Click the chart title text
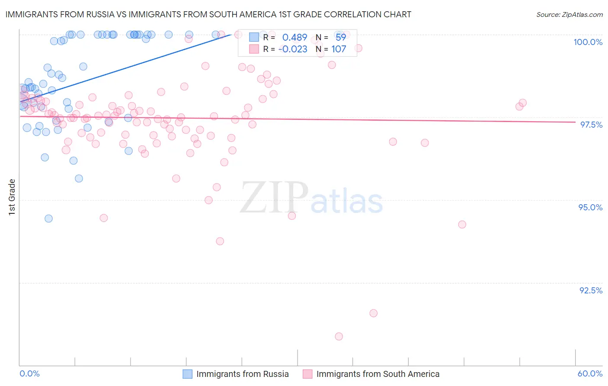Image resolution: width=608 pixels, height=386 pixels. click(x=208, y=14)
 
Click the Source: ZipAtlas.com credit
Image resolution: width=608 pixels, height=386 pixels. click(x=569, y=14)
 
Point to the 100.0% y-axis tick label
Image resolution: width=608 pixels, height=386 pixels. click(x=588, y=42)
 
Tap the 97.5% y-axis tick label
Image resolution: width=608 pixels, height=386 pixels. click(x=591, y=125)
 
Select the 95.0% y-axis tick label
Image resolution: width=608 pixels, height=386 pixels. click(x=590, y=207)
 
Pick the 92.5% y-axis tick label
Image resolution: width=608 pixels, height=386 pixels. click(x=590, y=290)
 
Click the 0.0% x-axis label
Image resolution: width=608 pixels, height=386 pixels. click(x=29, y=373)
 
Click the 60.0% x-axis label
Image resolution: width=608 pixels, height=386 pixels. click(x=590, y=373)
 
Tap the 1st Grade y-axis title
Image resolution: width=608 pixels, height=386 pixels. click(x=12, y=197)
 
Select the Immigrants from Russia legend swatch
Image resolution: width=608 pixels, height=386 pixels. click(x=187, y=374)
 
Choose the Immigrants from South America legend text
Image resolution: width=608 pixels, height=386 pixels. click(x=378, y=374)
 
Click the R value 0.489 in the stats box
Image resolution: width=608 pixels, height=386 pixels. click(x=294, y=38)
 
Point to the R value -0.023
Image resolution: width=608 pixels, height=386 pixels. click(x=293, y=49)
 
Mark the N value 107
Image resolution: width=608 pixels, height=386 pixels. click(x=339, y=49)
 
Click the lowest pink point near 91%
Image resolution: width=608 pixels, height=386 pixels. click(x=339, y=336)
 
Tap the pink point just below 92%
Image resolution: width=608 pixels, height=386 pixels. click(x=373, y=313)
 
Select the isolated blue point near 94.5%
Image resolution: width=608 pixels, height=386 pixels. click(x=48, y=219)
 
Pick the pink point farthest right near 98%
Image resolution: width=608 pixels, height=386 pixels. click(x=522, y=103)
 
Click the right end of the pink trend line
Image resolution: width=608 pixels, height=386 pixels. click(x=575, y=122)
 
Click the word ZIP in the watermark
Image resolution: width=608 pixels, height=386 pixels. click(x=274, y=197)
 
